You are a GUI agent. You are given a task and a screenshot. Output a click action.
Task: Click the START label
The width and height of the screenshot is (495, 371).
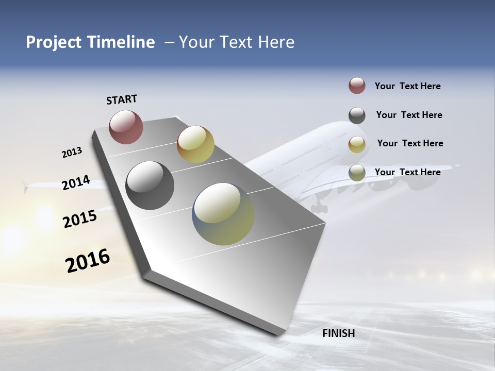[x=122, y=99]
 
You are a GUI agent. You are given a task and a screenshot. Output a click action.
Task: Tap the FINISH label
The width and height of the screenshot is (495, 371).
[x=338, y=333]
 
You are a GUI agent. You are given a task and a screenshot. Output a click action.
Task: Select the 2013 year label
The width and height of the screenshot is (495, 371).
[x=72, y=153]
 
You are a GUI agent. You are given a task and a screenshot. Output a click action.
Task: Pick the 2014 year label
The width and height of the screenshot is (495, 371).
[x=76, y=183]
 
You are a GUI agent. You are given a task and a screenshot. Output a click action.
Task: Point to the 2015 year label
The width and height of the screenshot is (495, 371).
[x=80, y=219]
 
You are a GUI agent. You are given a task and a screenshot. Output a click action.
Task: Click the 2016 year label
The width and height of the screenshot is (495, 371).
[x=88, y=261]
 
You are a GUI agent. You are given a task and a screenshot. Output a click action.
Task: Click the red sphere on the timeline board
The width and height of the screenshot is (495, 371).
[x=126, y=127]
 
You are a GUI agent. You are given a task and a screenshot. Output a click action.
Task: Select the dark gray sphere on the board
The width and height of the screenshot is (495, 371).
[x=150, y=185]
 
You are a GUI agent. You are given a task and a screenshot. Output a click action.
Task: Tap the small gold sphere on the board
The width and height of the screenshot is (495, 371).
[x=195, y=144]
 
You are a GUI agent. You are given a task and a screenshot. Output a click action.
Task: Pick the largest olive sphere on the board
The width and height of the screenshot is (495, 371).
[x=223, y=214]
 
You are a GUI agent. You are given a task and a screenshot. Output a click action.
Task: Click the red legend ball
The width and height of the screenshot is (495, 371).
[x=357, y=86]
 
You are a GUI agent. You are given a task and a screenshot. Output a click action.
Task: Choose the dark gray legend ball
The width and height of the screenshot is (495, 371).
[x=357, y=115]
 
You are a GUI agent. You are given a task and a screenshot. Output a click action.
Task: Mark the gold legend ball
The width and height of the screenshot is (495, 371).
[x=357, y=144]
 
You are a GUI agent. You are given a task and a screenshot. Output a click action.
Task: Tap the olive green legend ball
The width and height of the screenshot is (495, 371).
[x=357, y=173]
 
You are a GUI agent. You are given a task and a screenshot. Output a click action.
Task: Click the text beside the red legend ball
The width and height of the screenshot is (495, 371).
[x=407, y=86]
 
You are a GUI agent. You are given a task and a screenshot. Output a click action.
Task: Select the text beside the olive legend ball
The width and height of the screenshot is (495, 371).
[x=407, y=172]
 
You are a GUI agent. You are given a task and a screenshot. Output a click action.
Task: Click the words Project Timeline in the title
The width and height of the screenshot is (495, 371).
[x=90, y=42]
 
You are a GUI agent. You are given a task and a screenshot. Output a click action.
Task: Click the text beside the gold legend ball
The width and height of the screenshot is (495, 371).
[x=410, y=143]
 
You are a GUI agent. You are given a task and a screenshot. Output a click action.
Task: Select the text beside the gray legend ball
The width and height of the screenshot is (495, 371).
[x=409, y=115]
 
